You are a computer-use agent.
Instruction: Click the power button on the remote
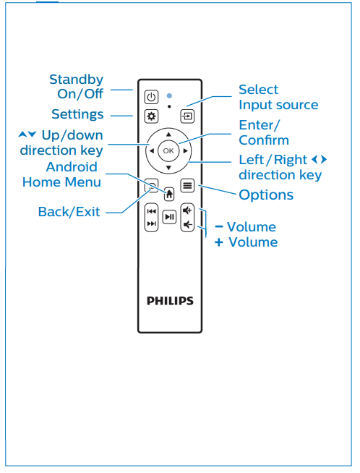pos(150,97)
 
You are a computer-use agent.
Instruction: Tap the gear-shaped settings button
pos(150,116)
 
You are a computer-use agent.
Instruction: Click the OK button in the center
pos(168,151)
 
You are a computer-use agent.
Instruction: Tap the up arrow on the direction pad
pos(168,135)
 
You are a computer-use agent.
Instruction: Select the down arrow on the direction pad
pos(168,168)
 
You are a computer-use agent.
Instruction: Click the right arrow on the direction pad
pos(186,151)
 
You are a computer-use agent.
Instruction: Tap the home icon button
pos(169,194)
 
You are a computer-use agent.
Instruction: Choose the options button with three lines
pos(187,185)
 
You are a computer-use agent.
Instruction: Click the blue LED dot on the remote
pos(169,95)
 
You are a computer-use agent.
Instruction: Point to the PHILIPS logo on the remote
pos(169,300)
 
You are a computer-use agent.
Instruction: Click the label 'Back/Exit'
pos(69,212)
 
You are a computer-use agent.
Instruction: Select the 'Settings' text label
pos(77,114)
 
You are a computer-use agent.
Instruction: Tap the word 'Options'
pos(266,195)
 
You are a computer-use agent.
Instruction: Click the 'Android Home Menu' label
pos(62,174)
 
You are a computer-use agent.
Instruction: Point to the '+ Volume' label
pos(246,242)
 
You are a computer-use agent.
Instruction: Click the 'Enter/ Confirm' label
pos(264,132)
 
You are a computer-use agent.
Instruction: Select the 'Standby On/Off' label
pos(76,87)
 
